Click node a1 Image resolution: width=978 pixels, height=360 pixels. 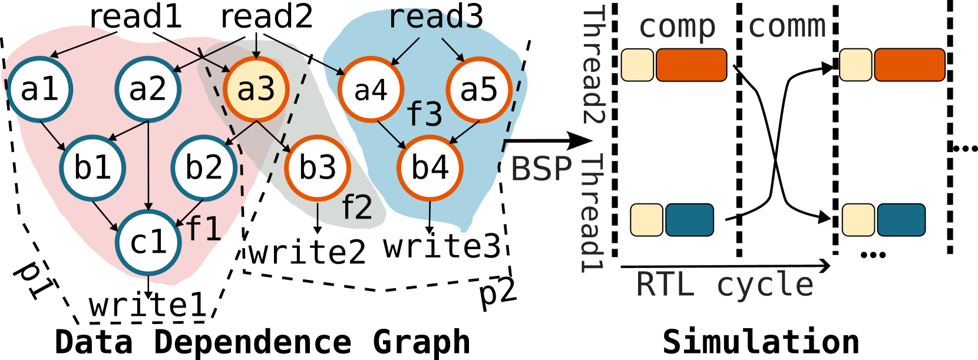[40, 90]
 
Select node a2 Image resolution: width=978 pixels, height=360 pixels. [148, 90]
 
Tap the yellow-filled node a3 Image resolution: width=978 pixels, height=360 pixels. [256, 90]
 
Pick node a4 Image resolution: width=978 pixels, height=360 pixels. [371, 90]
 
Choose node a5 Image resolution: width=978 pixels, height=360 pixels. [478, 90]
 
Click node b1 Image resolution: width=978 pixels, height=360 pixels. [92, 168]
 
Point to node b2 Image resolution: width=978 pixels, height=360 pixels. [204, 168]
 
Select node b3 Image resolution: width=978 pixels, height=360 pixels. [318, 168]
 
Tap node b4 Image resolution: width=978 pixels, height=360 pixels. [429, 168]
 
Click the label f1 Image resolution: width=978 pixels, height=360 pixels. [204, 229]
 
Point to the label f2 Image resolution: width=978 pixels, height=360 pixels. [357, 207]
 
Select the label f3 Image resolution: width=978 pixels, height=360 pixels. [424, 114]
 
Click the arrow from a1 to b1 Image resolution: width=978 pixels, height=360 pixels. [53, 136]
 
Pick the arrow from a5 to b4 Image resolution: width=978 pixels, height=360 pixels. [464, 132]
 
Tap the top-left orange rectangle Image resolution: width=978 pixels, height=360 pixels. [691, 65]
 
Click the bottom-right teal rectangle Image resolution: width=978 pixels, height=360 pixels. [901, 220]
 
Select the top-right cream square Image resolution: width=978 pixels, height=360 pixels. [855, 65]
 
